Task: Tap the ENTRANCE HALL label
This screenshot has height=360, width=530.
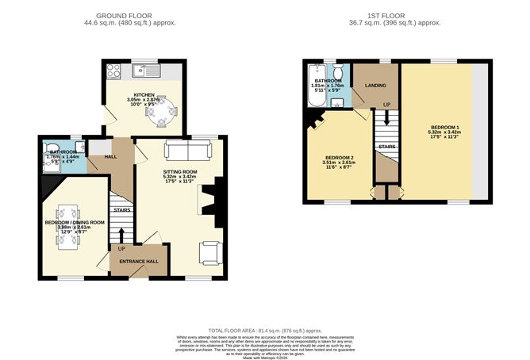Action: [139, 261]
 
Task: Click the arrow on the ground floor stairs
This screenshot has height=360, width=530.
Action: [121, 234]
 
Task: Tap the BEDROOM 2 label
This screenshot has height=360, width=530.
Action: [337, 157]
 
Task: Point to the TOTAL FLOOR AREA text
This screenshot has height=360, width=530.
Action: [264, 329]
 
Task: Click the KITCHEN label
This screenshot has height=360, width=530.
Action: [144, 94]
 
